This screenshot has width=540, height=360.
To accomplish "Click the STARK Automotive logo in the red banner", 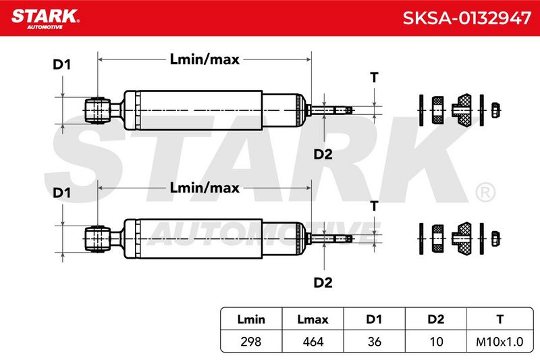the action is pyautogui.click(x=45, y=19).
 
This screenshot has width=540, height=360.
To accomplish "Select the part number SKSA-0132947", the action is pyautogui.click(x=466, y=18).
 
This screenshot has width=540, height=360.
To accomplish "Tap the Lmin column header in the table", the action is pyautogui.click(x=251, y=319).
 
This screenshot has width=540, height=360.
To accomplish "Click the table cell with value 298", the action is pyautogui.click(x=250, y=341).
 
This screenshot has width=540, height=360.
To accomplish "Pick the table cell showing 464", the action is pyautogui.click(x=313, y=341).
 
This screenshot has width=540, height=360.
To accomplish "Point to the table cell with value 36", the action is pyautogui.click(x=374, y=341).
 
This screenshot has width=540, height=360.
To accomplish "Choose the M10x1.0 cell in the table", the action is pyautogui.click(x=500, y=341).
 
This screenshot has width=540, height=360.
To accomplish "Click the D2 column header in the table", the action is pyautogui.click(x=435, y=319).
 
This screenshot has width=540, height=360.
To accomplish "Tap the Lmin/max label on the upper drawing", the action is pyautogui.click(x=205, y=59).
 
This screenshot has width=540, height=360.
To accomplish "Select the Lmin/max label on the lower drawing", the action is pyautogui.click(x=205, y=188).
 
